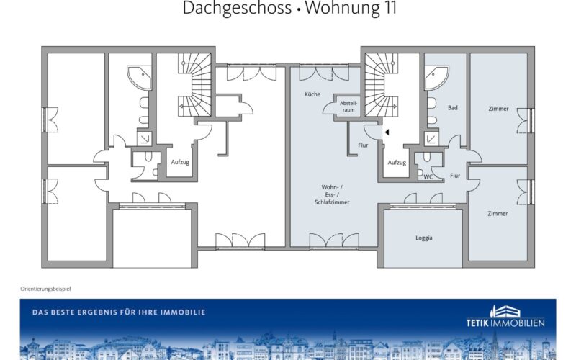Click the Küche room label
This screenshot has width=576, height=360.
pos(312,94)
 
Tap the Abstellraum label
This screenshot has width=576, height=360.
pos(348,107)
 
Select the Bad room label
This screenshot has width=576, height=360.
pos(453,107)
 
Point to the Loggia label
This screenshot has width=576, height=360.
pos(424,238)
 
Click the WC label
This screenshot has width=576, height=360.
pos(428,176)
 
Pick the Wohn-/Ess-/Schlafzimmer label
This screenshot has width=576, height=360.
pos(332,194)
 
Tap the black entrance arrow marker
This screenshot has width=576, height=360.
pos(387,132)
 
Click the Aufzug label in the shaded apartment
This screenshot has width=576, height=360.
pos(397,163)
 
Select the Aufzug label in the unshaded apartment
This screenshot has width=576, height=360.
pos(180,162)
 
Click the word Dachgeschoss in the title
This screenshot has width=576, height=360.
pos(237,8)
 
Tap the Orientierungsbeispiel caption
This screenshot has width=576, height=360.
pos(45,289)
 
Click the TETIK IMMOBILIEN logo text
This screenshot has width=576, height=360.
pos(505,323)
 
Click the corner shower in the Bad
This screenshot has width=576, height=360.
pos(437,78)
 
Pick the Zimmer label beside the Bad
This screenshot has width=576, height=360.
pos(498,109)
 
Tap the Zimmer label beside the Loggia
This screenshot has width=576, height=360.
pos(498,213)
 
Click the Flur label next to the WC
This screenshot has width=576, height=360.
pos(455,176)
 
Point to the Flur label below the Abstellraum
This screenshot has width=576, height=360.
pos(363,145)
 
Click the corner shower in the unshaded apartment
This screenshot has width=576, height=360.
pos(140,78)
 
